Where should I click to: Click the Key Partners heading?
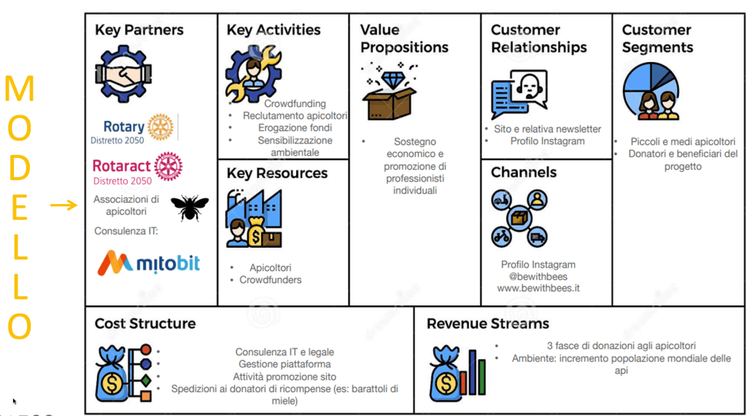139,31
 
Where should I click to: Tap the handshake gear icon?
123,74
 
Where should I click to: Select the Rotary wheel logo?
160,127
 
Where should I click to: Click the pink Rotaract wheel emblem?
169,166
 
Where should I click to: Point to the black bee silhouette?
190,208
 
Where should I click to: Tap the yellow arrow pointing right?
63,205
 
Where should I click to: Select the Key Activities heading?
274,30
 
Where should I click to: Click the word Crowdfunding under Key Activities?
295,103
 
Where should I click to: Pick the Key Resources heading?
277,173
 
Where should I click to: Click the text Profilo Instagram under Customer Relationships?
547,141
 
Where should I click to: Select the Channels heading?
524,173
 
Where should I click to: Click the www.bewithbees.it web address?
538,288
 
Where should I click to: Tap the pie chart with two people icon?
651,90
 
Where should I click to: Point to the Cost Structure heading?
145,323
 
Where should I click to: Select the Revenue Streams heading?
488,323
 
